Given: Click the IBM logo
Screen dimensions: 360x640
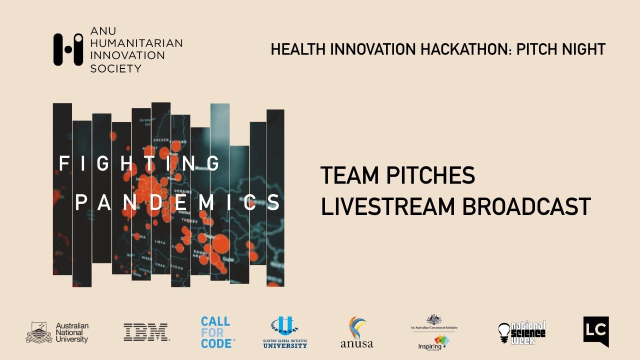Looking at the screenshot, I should coord(146,332).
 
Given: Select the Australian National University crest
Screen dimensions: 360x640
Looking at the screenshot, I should coord(38,332).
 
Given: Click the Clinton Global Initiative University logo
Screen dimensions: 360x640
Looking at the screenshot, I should coord(285,332).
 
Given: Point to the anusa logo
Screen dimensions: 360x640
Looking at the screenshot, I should coord(356,332).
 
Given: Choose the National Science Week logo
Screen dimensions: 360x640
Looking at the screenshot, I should coord(521,332).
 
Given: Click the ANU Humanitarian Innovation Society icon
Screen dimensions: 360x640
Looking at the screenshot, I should coord(68,49).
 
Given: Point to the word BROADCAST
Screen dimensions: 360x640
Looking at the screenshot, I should coord(526,206).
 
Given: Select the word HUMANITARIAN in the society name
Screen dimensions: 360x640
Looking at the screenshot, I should coord(136,43).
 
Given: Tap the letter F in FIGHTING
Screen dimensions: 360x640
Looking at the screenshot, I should coord(63,163).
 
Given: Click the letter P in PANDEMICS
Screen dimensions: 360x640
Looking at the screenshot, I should coord(80,202).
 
